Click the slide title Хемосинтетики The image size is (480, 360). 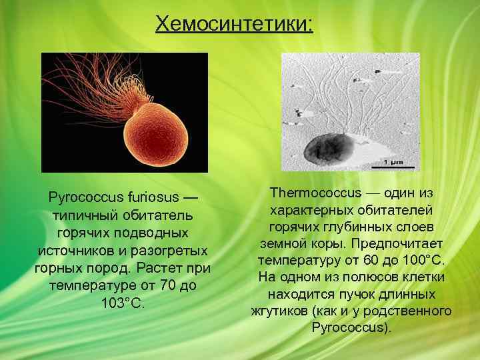point(233,24)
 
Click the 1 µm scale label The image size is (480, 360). point(395,162)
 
